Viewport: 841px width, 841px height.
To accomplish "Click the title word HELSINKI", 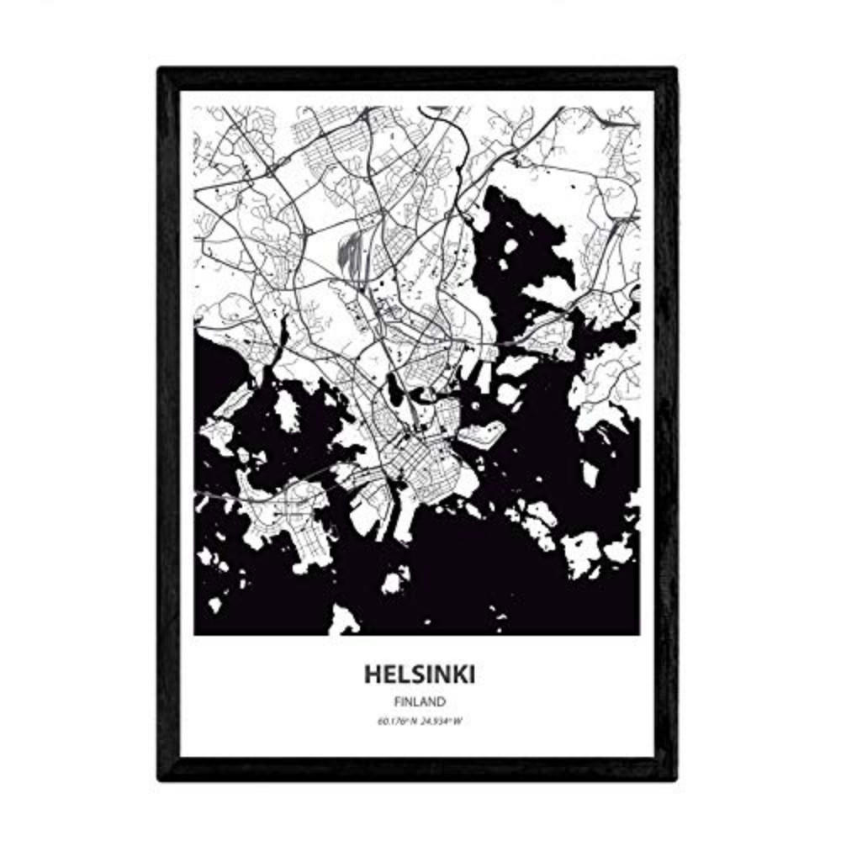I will [418, 674].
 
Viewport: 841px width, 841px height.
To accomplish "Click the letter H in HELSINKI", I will [373, 674].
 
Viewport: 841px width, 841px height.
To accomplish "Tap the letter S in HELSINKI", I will [412, 674].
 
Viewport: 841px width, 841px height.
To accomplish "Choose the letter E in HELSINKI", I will [388, 674].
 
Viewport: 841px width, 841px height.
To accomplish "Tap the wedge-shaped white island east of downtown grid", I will [482, 434].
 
